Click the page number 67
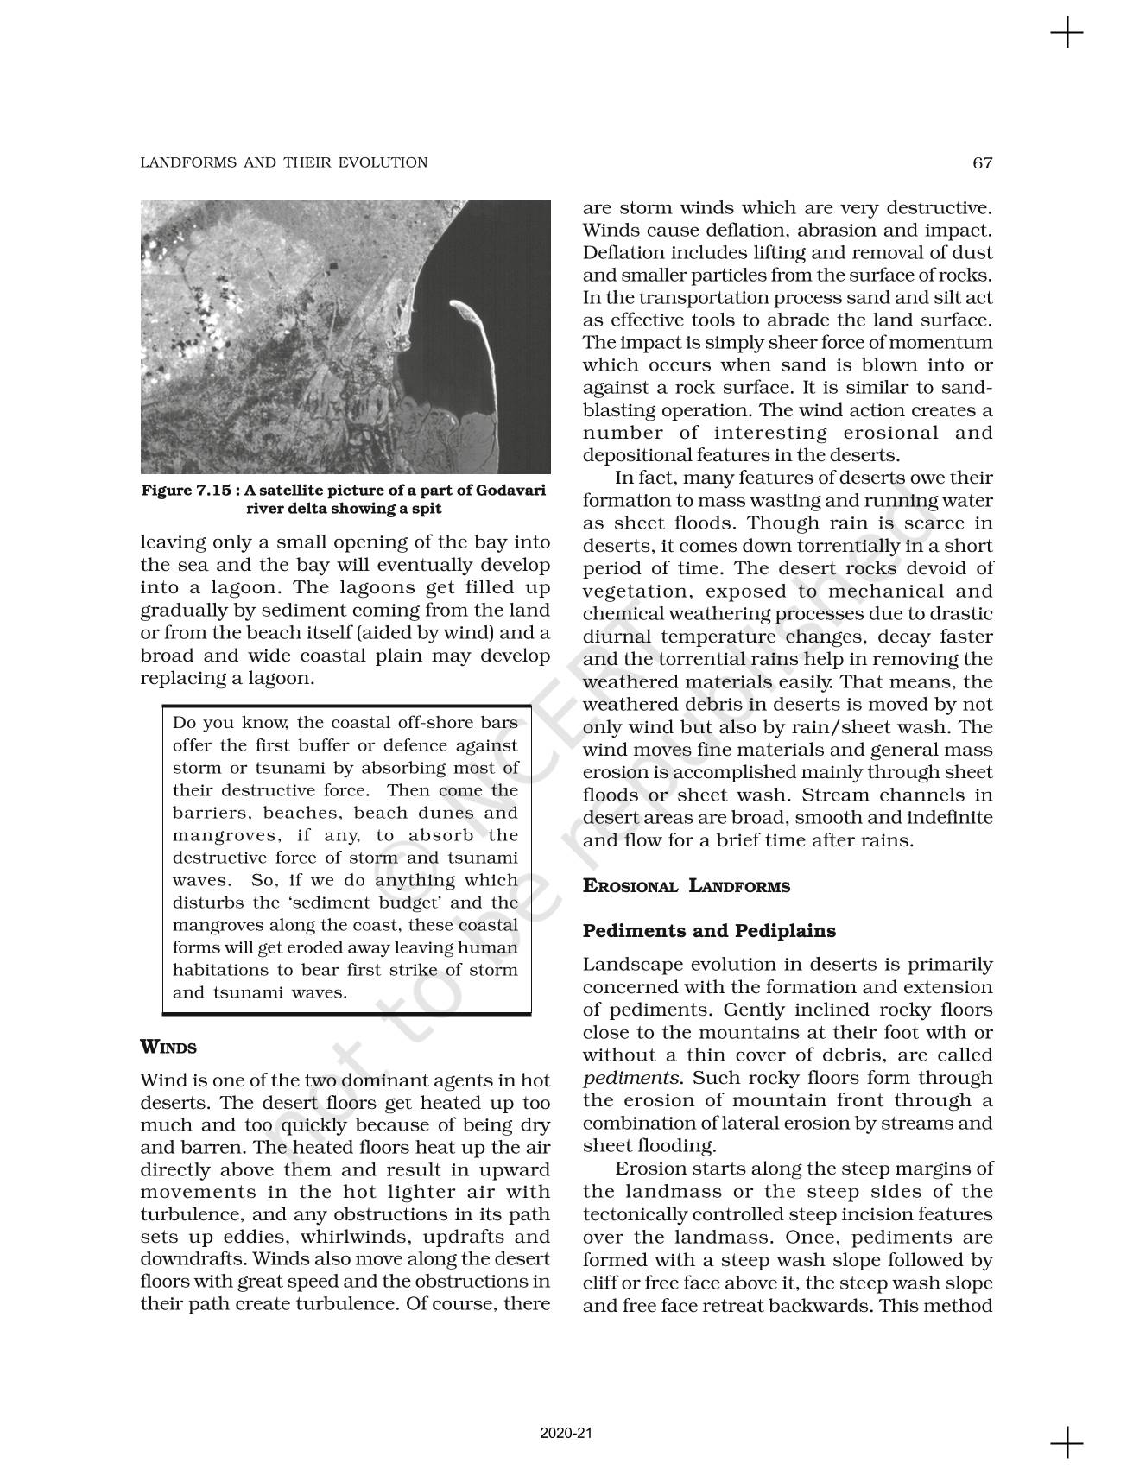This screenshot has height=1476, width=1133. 982,162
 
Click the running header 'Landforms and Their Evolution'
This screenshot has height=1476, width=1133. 283,162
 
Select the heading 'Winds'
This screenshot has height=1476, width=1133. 168,1048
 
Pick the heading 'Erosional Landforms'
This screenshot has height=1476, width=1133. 686,886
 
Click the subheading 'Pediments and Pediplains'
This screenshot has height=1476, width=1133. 709,931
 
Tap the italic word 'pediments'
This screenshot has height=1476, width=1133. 630,1078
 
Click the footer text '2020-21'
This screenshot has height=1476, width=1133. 566,1433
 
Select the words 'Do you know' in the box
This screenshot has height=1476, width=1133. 223,723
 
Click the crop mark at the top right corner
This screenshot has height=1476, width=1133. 1067,34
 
